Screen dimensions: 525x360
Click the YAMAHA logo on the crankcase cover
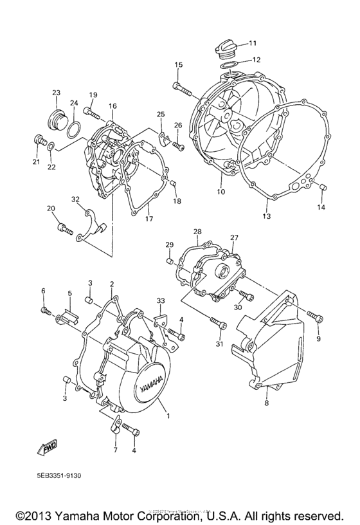click(150, 380)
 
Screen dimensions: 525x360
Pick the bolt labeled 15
click(181, 86)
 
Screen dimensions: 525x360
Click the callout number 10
click(221, 192)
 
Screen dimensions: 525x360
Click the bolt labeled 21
click(40, 140)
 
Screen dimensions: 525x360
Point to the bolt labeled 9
click(314, 316)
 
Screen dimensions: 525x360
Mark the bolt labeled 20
click(62, 226)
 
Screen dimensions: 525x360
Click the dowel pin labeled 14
click(321, 187)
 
